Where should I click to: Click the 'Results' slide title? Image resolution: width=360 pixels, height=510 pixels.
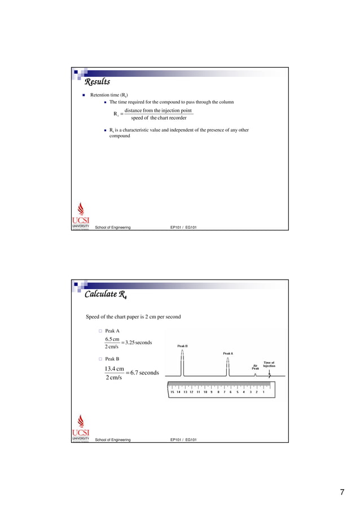[x=97, y=82]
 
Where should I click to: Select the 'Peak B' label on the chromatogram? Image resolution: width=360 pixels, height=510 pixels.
[x=182, y=346]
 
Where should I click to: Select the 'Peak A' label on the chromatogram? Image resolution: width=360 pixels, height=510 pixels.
[x=227, y=354]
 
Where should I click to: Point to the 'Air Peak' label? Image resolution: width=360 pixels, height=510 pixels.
[x=255, y=367]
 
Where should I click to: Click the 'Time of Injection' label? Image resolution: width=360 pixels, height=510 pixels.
[x=269, y=364]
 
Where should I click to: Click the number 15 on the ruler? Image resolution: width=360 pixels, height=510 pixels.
[x=172, y=391]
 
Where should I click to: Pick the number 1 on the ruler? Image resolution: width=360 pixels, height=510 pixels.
[x=264, y=391]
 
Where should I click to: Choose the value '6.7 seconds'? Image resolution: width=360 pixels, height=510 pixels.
[x=143, y=373]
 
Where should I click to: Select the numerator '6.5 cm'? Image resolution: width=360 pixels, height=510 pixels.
[x=112, y=339]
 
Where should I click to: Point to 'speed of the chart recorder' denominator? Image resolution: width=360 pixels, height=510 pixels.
[x=159, y=118]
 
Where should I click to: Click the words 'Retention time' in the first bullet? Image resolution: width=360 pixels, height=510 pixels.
[x=104, y=95]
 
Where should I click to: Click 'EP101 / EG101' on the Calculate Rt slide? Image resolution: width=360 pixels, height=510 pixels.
[x=183, y=439]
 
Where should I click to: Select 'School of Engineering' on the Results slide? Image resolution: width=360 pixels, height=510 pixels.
[x=113, y=228]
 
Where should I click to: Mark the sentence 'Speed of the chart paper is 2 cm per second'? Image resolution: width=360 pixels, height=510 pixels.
[x=133, y=317]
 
